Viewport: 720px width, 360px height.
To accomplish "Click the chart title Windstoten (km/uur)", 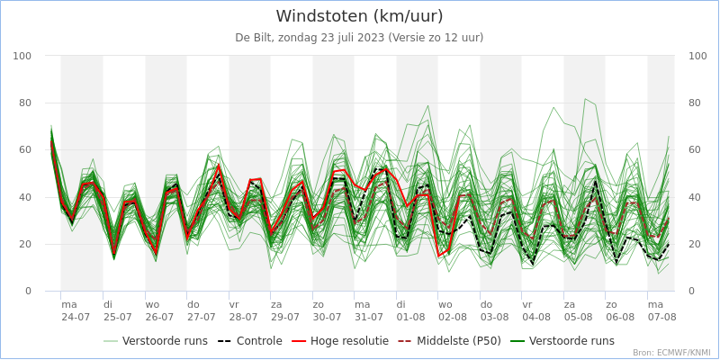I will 360,16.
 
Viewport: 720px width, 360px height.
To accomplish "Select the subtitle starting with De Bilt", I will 360,38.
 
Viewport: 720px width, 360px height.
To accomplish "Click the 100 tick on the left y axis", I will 22,56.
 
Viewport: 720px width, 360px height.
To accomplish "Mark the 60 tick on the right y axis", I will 696,150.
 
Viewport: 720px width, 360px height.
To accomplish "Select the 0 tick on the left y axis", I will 29,292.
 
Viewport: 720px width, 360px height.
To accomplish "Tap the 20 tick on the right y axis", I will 696,244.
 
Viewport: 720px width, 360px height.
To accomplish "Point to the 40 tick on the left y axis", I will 25,197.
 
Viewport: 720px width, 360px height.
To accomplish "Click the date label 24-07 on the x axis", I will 76,318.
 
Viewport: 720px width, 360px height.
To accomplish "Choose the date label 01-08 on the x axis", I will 411,318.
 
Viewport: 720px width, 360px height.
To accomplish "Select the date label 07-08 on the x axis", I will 662,318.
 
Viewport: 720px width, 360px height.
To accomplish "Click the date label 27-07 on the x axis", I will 202,318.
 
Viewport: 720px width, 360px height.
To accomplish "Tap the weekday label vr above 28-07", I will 234,304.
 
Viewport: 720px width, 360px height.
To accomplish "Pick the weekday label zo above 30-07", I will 319,304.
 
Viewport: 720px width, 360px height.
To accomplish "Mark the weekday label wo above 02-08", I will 445,304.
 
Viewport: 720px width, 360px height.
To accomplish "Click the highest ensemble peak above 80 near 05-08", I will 585,98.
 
